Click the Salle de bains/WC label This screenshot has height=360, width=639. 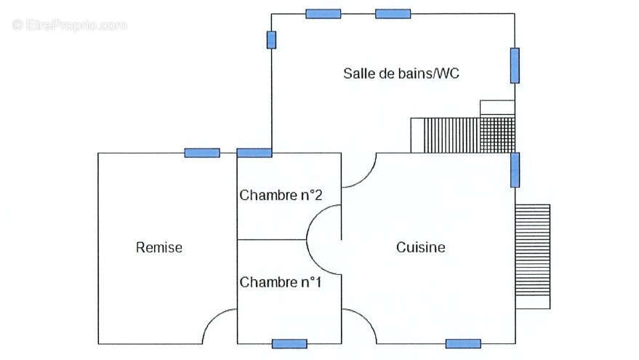[401, 73]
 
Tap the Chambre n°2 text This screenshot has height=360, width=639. [281, 195]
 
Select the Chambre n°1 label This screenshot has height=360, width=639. [281, 282]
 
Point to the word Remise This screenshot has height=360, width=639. [159, 247]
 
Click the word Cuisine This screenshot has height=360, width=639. [420, 247]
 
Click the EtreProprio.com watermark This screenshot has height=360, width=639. [70, 25]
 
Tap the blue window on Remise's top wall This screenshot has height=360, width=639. [201, 153]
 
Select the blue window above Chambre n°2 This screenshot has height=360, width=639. [254, 153]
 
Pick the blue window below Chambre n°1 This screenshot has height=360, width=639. [289, 344]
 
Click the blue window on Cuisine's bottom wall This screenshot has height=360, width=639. [463, 344]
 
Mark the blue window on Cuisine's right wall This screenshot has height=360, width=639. [515, 169]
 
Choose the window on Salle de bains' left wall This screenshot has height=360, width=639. [271, 39]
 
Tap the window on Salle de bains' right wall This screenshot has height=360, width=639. [515, 65]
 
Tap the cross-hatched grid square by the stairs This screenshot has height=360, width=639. [497, 135]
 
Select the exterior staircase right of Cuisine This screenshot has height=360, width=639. [533, 257]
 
